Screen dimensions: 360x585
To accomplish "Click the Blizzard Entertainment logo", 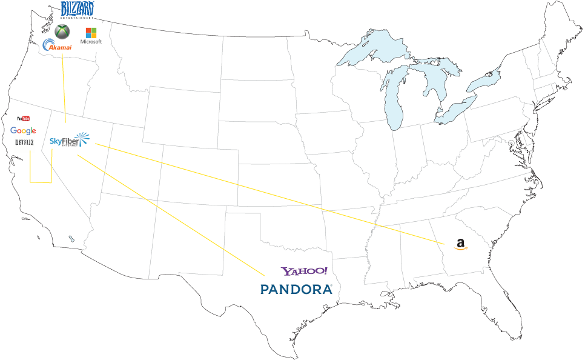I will (x=77, y=10).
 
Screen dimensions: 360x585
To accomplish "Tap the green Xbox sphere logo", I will (x=62, y=32).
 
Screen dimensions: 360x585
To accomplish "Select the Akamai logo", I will (x=58, y=46).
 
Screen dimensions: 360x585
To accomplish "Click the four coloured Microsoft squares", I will (x=91, y=32).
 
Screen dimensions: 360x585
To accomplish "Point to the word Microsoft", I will (x=91, y=42).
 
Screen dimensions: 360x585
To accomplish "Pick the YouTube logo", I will (x=24, y=119).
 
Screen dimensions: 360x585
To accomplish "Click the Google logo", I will (x=23, y=131).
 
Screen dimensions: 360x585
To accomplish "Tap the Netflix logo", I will (x=24, y=143).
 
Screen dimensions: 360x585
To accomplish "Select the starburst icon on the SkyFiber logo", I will (x=82, y=139).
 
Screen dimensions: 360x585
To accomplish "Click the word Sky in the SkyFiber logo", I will (x=56, y=141).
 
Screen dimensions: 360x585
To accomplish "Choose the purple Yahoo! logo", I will (x=304, y=272).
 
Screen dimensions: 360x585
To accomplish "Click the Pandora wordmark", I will (x=296, y=290).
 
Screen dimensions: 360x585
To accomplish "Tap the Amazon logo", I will (x=461, y=244).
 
